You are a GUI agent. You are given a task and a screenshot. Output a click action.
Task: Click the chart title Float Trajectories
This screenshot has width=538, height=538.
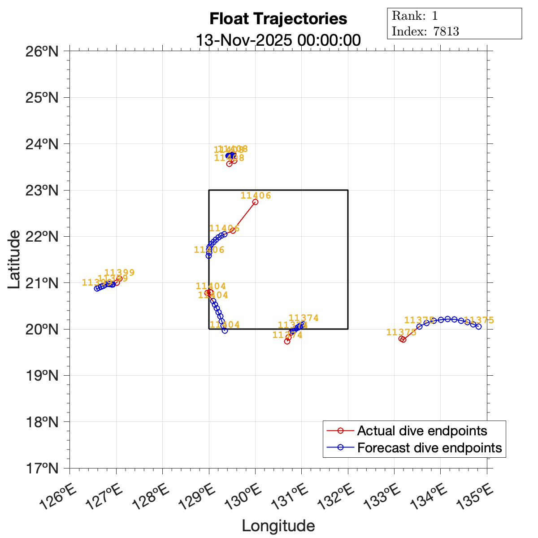point(278,19)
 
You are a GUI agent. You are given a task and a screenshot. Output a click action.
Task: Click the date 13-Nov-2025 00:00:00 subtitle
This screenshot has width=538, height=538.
point(278,40)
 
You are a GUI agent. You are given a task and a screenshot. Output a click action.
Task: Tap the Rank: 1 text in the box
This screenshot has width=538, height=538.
point(415,16)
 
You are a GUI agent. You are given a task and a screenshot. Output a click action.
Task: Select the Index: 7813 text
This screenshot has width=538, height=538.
point(425,31)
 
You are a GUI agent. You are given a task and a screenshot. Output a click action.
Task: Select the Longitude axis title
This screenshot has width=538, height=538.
point(278,525)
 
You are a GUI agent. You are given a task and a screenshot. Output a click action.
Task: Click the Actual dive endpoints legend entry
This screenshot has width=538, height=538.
point(421,431)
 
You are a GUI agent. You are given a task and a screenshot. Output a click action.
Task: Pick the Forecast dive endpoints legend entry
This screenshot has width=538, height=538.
point(429,447)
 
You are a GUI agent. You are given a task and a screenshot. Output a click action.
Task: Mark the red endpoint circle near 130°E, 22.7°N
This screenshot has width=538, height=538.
point(255,202)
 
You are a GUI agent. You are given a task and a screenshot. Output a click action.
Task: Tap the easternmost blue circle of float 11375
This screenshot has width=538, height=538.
point(478,326)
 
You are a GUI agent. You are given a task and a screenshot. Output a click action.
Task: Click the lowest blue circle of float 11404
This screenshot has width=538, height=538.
point(225,330)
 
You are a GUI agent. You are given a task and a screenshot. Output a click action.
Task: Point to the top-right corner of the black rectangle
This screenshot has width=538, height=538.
point(348,190)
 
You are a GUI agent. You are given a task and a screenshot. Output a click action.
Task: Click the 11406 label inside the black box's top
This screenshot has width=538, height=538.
point(256,195)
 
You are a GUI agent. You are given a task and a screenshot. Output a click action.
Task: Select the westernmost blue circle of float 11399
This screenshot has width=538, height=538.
point(97,288)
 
